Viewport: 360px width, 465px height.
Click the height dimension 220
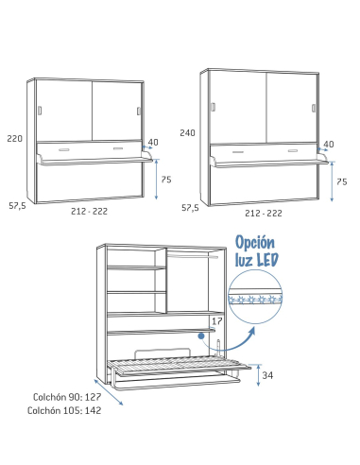click(13, 138)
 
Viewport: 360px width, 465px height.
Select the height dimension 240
click(187, 133)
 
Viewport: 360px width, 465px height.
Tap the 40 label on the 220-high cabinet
click(153, 143)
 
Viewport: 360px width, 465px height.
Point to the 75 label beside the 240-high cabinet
click(342, 181)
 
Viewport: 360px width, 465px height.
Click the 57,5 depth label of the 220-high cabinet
click(18, 205)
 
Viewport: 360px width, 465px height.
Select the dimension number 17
click(216, 321)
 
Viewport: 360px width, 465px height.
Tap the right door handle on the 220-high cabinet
click(138, 112)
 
